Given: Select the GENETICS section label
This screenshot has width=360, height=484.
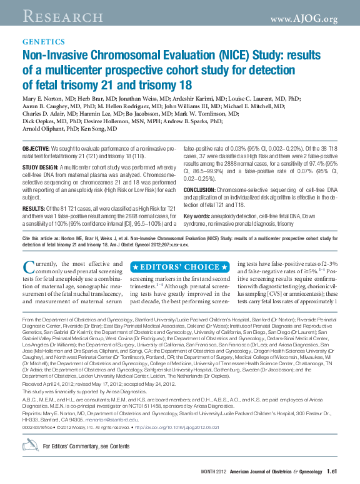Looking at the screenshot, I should pyautogui.click(x=43, y=43).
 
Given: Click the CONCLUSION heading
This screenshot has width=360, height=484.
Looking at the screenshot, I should pyautogui.click(x=203, y=189).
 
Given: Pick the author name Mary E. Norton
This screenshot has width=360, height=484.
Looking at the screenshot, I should pyautogui.click(x=45, y=99).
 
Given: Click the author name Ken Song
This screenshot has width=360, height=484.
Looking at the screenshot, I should pyautogui.click(x=103, y=128).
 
